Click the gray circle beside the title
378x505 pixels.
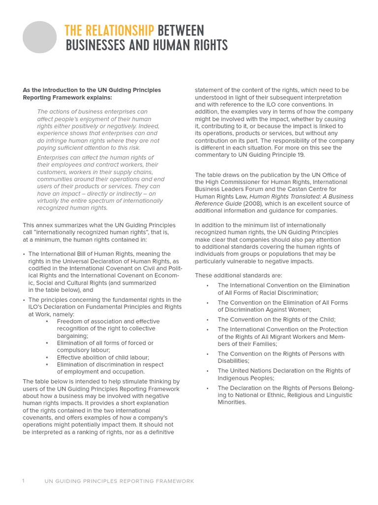(x=40, y=37)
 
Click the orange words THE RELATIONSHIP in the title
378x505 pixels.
(x=109, y=31)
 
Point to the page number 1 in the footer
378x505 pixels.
(x=23, y=481)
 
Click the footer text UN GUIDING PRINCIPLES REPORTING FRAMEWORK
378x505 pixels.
(x=119, y=481)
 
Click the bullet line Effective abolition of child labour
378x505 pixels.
(x=103, y=358)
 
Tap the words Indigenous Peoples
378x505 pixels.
(x=246, y=378)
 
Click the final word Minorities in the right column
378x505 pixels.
(x=232, y=402)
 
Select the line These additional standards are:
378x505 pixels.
(x=238, y=276)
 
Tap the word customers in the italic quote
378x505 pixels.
(x=51, y=172)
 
